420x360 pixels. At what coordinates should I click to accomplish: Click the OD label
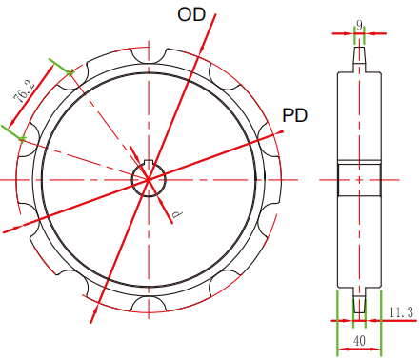(191, 14)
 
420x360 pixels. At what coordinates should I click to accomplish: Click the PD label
(295, 115)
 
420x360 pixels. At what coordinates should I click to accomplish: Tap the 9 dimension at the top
(359, 25)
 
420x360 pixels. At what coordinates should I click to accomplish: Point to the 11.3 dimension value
(402, 312)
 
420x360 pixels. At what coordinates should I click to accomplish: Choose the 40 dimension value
(359, 341)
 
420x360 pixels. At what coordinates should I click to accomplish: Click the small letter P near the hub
(177, 214)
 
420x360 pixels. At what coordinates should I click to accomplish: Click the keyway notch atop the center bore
(149, 162)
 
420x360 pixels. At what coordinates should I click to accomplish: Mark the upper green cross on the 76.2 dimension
(70, 72)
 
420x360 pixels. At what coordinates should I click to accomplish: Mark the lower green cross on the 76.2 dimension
(22, 138)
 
